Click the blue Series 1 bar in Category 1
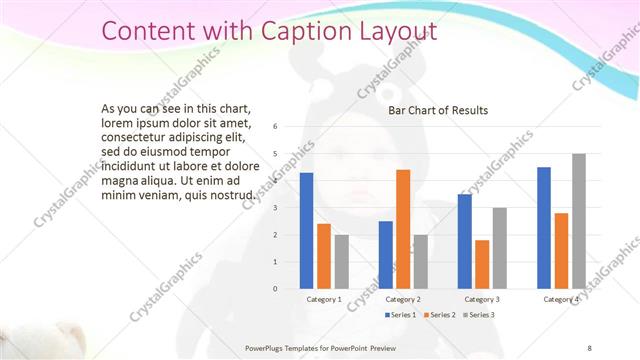click(306, 231)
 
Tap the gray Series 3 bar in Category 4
click(578, 221)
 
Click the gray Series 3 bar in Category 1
click(342, 262)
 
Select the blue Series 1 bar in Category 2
click(385, 255)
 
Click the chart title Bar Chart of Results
click(438, 110)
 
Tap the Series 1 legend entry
click(401, 315)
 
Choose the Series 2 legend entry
click(440, 315)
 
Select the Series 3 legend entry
click(478, 315)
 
